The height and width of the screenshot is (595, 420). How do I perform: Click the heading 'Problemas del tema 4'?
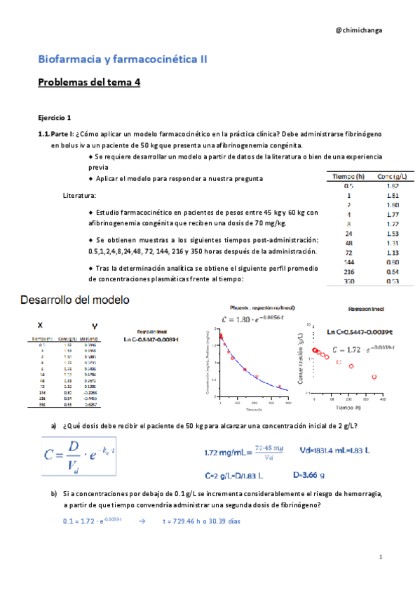coord(90,82)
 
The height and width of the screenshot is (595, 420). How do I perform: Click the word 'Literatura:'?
coord(79,195)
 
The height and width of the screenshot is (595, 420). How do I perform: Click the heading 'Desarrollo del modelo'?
coord(76,300)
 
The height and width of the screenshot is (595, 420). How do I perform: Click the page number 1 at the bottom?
coord(379,557)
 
